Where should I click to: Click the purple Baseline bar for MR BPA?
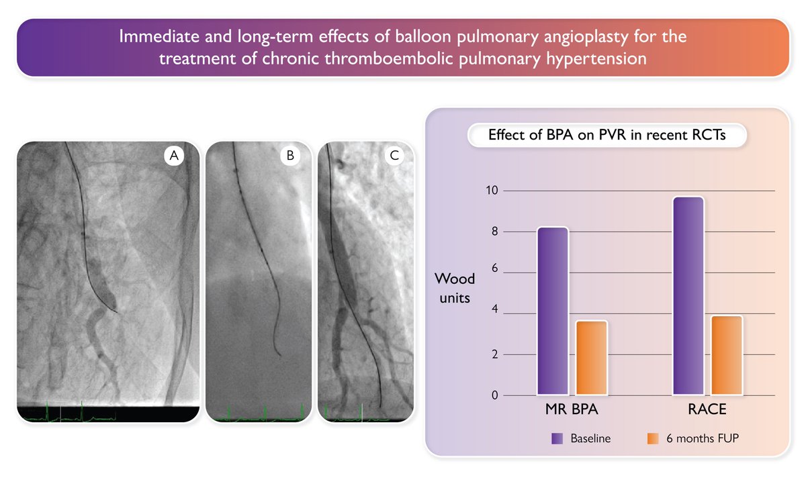click(x=552, y=311)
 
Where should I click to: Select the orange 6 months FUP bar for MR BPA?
click(x=591, y=357)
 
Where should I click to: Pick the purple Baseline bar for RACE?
click(x=688, y=295)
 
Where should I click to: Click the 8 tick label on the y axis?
click(x=494, y=232)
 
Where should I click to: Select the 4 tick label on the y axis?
click(x=494, y=313)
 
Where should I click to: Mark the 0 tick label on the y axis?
click(x=494, y=395)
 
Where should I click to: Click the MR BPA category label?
click(x=572, y=409)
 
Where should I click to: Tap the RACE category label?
click(x=707, y=409)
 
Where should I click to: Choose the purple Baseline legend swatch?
click(x=557, y=438)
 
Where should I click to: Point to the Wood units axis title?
click(x=455, y=287)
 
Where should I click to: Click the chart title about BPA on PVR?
click(x=607, y=136)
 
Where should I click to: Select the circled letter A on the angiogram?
click(x=174, y=156)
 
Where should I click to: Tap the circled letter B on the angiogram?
click(x=289, y=156)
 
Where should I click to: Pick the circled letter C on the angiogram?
click(x=394, y=156)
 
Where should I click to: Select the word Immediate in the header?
click(x=153, y=36)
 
